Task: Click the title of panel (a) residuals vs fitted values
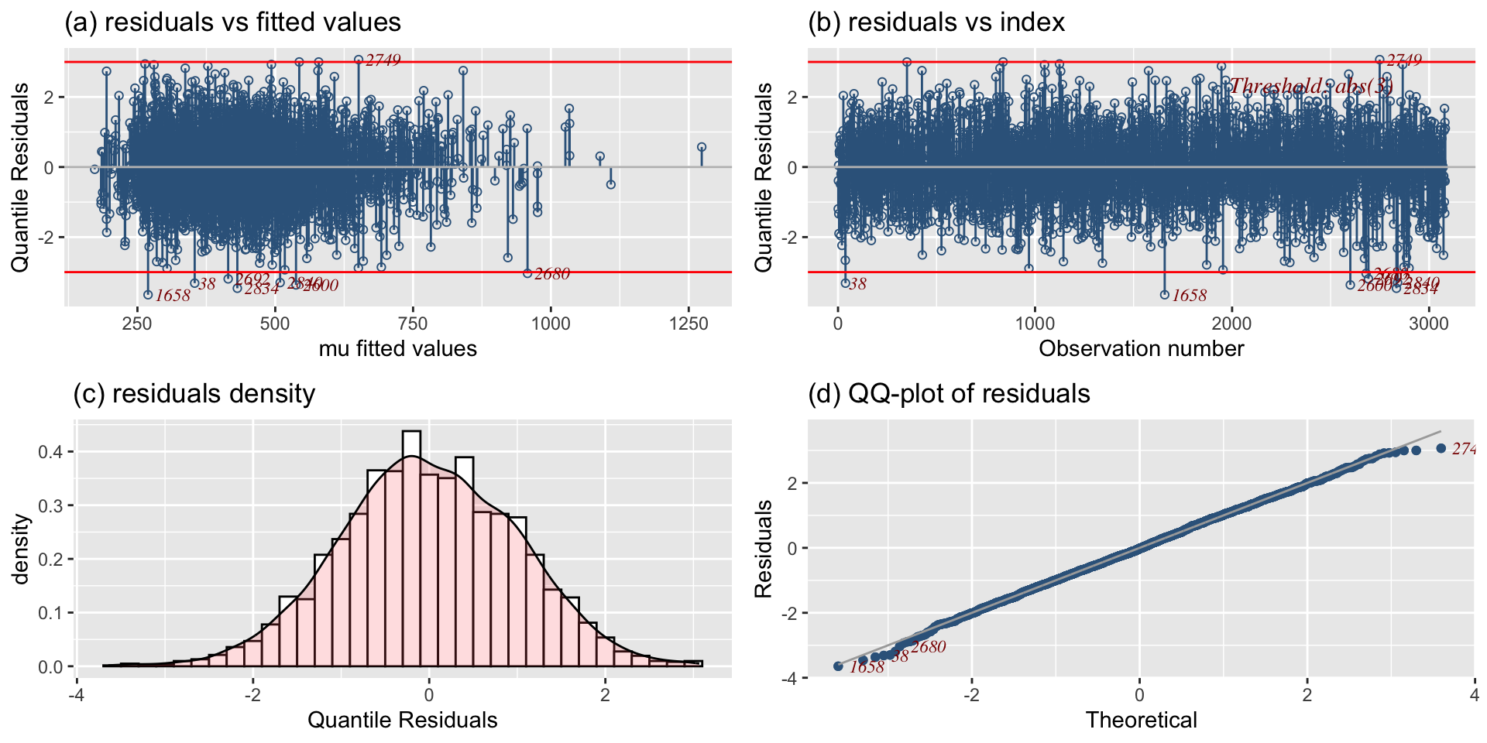coord(232,22)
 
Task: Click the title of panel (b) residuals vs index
coord(936,22)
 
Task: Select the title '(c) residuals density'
coord(194,394)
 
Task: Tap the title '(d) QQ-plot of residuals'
coord(949,394)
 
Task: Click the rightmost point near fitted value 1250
coord(702,147)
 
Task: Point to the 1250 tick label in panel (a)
coord(688,324)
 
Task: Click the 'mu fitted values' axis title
coord(398,349)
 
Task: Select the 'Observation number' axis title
coord(1141,349)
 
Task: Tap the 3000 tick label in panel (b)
coord(1429,324)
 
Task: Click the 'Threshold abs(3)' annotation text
coord(1311,86)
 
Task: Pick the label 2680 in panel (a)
coord(551,274)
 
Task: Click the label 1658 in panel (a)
coord(172,296)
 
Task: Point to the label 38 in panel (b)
coord(857,285)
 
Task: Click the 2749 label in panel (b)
coord(1403,60)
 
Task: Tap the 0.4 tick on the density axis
coord(49,452)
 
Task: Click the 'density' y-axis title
coord(21,549)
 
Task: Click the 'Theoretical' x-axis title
coord(1141,721)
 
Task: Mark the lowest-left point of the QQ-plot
coord(838,666)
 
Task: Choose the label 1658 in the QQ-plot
coord(867,668)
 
